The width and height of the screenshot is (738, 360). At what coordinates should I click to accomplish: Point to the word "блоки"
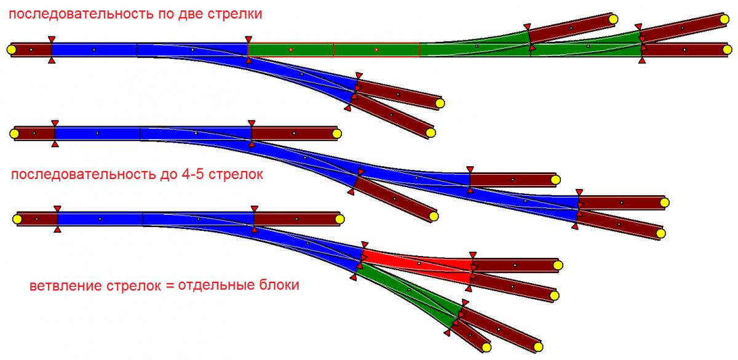tap(282, 286)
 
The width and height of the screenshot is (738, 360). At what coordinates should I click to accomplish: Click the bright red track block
tap(418, 265)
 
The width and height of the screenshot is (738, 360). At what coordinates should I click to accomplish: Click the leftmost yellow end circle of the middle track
tap(15, 133)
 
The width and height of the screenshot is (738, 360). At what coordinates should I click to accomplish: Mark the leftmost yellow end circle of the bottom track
tap(18, 218)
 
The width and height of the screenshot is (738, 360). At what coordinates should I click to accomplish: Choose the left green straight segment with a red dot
tap(291, 49)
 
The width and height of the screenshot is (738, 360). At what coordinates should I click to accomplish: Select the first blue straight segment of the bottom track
tap(100, 218)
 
